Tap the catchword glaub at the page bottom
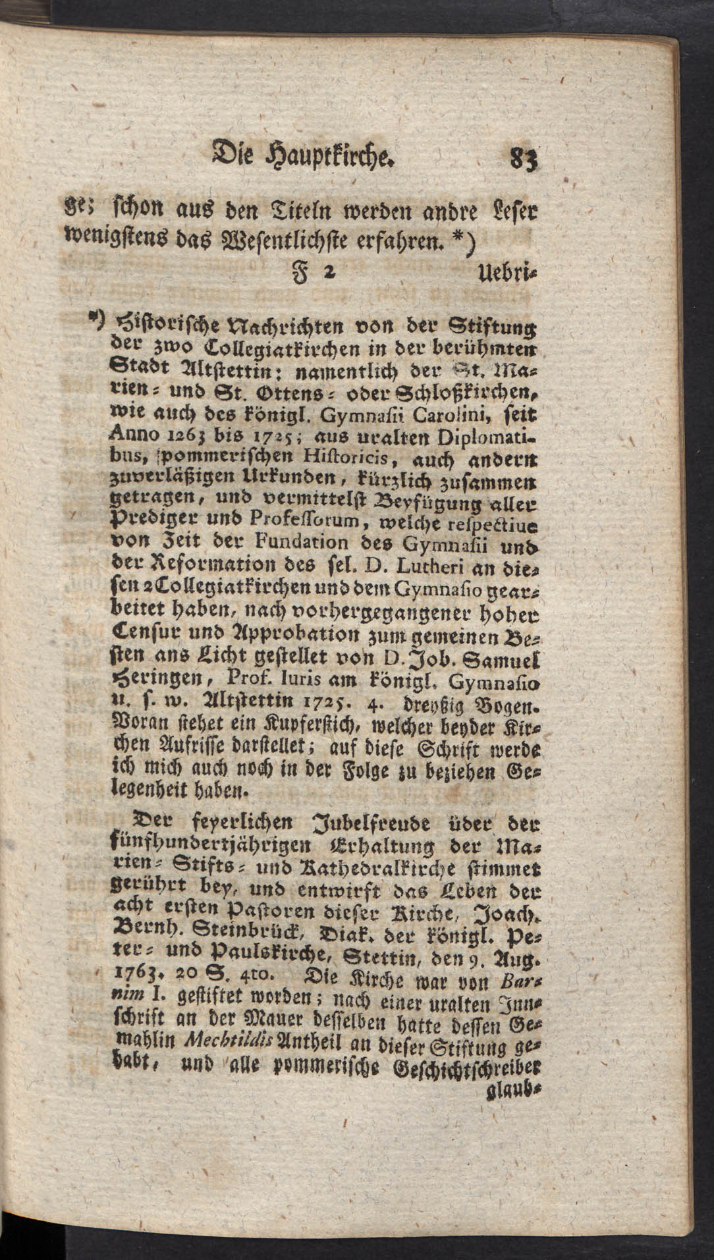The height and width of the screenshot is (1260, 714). click(517, 1082)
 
